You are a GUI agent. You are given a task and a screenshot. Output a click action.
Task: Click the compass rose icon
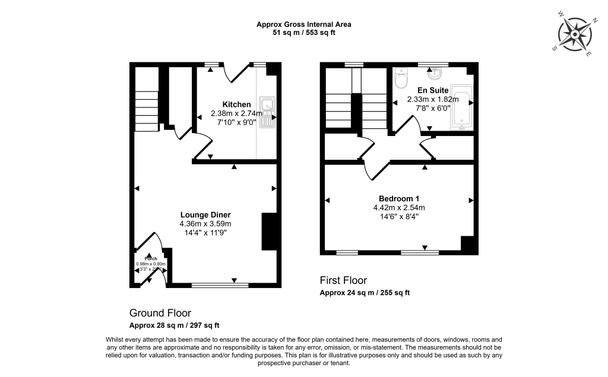pyautogui.click(x=575, y=34)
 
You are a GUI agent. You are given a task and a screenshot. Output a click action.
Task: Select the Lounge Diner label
pyautogui.click(x=205, y=215)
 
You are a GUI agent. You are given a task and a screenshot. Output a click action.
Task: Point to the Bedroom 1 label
pyautogui.click(x=398, y=198)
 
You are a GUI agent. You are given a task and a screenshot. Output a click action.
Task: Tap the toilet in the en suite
pyautogui.click(x=401, y=78)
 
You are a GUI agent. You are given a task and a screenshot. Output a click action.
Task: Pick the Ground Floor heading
pyautogui.click(x=160, y=313)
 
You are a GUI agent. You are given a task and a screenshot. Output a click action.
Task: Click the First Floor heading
pyautogui.click(x=343, y=280)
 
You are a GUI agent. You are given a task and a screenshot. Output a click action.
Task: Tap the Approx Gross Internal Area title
pyautogui.click(x=304, y=24)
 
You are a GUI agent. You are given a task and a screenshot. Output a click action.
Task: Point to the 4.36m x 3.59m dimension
pyautogui.click(x=205, y=224)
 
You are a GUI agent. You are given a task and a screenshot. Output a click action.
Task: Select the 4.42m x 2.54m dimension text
pyautogui.click(x=398, y=207)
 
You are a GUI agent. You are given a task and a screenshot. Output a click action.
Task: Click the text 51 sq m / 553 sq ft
pyautogui.click(x=304, y=33)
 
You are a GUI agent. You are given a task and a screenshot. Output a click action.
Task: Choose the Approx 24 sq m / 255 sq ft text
pyautogui.click(x=365, y=293)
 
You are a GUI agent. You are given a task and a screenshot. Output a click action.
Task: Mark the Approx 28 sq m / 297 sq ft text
pyautogui.click(x=175, y=325)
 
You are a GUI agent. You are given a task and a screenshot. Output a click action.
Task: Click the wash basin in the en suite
pyautogui.click(x=432, y=74)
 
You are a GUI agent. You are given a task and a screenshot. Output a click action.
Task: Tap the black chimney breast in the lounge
pyautogui.click(x=269, y=232)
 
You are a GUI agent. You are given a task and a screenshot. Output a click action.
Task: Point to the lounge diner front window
pyautogui.click(x=220, y=285)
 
